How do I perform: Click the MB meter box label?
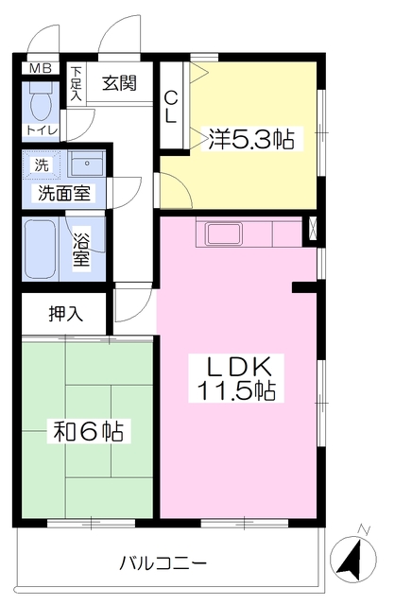(41, 69)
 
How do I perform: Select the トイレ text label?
(42, 130)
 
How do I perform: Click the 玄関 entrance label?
(120, 82)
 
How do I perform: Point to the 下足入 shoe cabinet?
(77, 84)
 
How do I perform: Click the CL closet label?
(171, 107)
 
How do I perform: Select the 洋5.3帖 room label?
(251, 139)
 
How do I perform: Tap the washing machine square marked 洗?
(42, 165)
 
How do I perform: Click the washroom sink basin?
(86, 164)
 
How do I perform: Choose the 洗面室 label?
(63, 193)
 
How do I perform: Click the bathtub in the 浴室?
(40, 249)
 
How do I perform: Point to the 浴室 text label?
(81, 250)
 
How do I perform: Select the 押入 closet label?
(65, 314)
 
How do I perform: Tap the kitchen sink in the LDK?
(225, 233)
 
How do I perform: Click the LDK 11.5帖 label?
(236, 378)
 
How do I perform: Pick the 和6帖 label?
(89, 431)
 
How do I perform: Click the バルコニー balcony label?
(163, 563)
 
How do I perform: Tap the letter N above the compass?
(364, 529)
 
